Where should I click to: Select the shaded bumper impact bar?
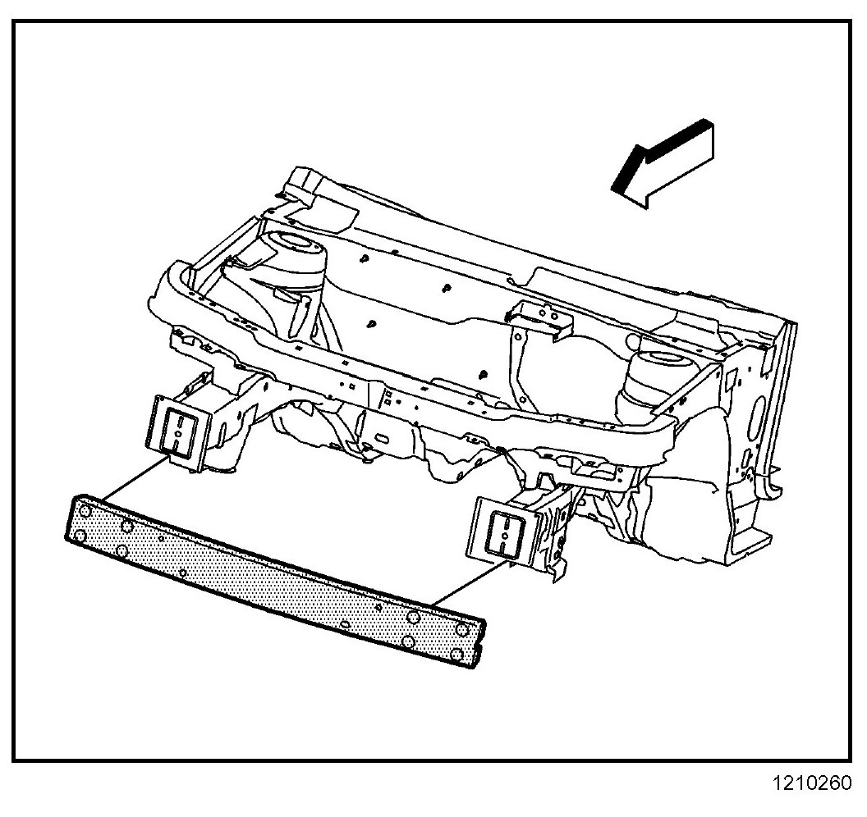(x=271, y=574)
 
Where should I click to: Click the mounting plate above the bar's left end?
(x=176, y=430)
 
